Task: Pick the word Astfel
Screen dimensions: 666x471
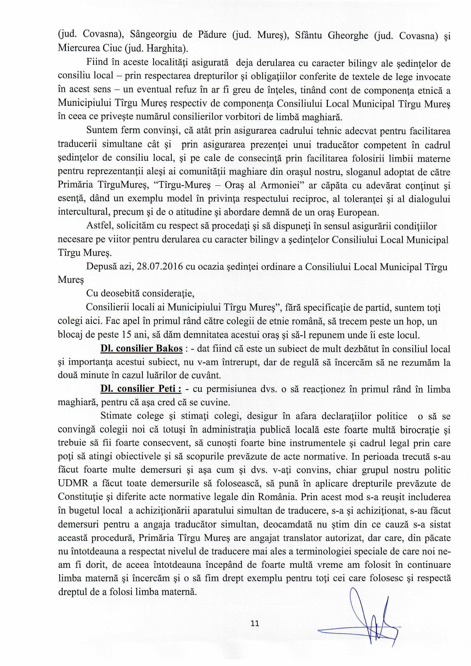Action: (x=98, y=226)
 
